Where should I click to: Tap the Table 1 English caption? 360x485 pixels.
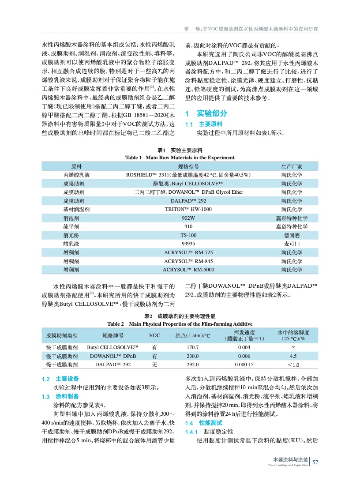(180, 158)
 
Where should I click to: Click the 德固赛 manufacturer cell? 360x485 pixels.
(292, 235)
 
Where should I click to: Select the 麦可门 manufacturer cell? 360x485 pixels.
(292, 243)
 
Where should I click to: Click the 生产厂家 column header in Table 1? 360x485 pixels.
(292, 166)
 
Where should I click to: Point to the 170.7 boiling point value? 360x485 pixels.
(193, 347)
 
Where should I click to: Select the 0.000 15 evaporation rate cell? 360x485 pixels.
(244, 365)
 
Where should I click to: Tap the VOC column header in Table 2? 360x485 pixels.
(154, 335)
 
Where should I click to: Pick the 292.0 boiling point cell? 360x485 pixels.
(193, 365)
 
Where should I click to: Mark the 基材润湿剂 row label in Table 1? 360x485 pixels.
(76, 209)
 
